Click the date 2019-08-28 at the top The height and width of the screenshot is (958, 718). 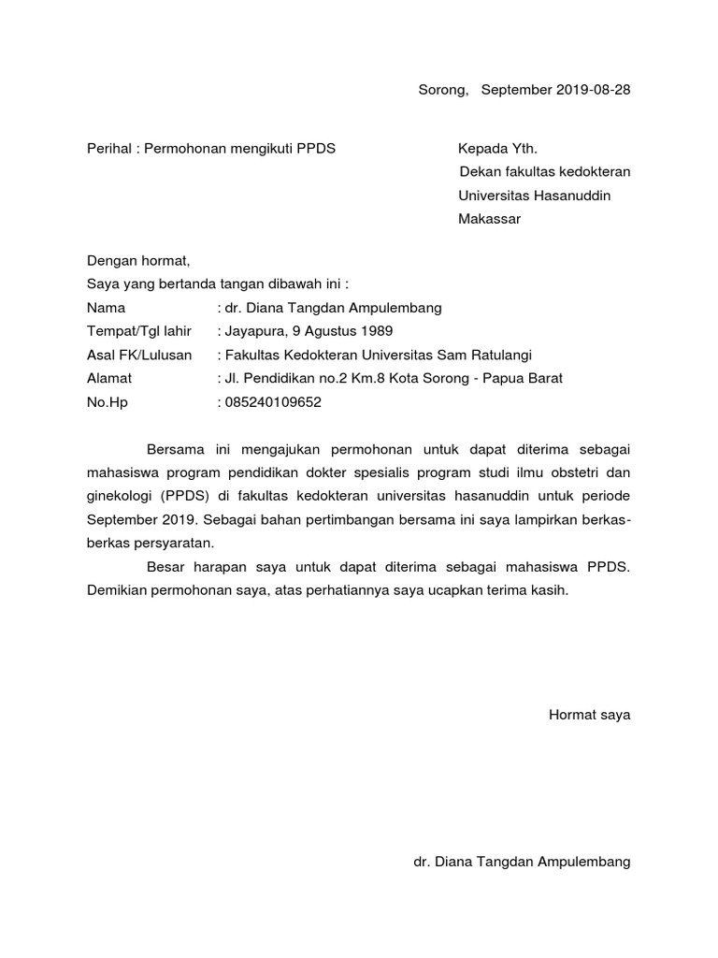click(594, 91)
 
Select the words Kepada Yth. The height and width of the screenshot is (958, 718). click(497, 149)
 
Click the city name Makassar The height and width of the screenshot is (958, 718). click(489, 220)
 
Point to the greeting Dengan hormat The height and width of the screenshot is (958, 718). click(137, 261)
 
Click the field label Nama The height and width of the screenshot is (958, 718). click(105, 308)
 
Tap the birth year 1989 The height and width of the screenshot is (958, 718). click(376, 331)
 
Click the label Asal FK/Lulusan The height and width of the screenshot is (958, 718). click(138, 355)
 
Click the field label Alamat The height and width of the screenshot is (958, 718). click(109, 378)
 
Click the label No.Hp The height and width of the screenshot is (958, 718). click(106, 402)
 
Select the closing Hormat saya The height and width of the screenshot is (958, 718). click(589, 716)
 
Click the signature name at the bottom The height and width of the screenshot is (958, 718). click(522, 862)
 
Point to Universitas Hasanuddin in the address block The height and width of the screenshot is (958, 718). click(534, 196)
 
